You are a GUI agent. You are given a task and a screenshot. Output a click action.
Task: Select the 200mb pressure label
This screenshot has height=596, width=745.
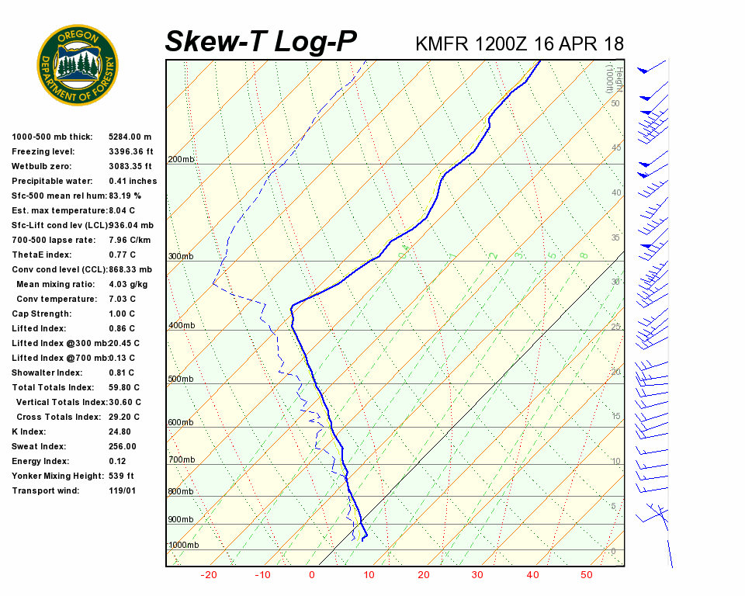[182, 160]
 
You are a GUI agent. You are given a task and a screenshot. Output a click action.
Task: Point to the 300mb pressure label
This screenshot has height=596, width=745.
[182, 257]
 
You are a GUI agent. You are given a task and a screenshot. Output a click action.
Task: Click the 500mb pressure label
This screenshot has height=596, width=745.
[182, 379]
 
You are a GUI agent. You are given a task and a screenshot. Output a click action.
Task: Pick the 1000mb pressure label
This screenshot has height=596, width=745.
[184, 546]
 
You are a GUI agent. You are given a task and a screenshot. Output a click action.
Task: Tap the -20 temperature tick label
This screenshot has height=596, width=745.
[209, 575]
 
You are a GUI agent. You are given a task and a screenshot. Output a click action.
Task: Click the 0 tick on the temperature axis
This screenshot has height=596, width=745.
[312, 575]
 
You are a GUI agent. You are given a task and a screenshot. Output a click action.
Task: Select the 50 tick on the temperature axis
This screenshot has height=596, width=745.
[586, 575]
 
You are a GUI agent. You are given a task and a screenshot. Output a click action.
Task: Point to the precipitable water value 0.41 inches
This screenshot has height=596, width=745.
[133, 181]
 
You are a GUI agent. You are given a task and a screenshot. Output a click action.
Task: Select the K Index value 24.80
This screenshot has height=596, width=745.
[120, 431]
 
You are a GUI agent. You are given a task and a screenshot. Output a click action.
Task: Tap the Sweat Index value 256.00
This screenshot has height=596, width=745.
[123, 446]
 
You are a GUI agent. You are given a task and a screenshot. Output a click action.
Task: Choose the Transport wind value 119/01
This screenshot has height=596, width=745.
[123, 490]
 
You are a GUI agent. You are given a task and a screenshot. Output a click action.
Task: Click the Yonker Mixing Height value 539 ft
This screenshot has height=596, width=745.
[121, 476]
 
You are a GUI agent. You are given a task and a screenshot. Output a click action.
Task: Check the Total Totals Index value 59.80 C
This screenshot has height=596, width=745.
[124, 387]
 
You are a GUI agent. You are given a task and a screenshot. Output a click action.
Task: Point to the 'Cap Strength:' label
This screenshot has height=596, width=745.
[41, 314]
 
